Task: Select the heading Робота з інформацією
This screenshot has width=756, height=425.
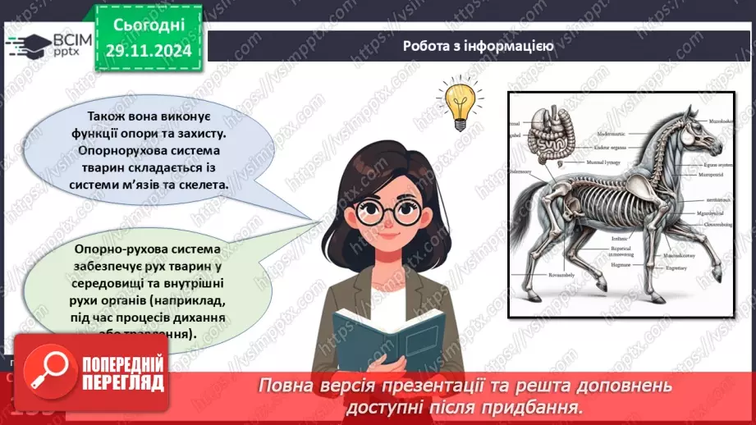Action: pyautogui.click(x=478, y=46)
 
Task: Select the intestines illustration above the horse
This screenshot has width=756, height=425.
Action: pyautogui.click(x=544, y=135)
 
